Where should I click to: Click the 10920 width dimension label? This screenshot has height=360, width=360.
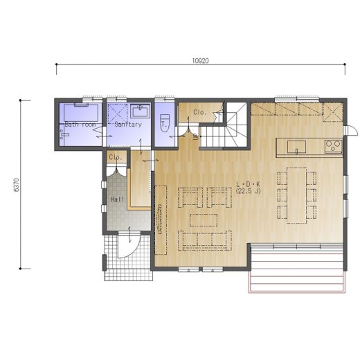[x=201, y=61]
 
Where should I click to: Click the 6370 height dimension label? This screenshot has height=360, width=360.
[x=17, y=185]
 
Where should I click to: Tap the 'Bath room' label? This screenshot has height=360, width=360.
[x=80, y=125]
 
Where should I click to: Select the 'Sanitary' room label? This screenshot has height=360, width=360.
[x=128, y=125]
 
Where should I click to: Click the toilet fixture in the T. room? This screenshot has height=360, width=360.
[x=165, y=123]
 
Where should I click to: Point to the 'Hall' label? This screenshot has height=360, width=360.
[x=118, y=199]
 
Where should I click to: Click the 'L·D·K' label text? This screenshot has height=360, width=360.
[x=249, y=184]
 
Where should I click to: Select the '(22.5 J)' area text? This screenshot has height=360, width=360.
[x=249, y=191]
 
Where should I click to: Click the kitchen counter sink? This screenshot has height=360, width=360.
[x=296, y=147]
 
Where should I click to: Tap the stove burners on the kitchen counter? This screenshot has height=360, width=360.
[x=333, y=146]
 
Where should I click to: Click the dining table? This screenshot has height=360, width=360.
[x=297, y=195]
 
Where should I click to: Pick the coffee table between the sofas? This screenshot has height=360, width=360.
[x=204, y=220]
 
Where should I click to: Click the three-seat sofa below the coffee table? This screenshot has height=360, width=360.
[x=205, y=240]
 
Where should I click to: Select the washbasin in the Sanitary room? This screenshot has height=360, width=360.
[x=140, y=111]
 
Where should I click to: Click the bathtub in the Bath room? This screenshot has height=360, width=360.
[x=81, y=113]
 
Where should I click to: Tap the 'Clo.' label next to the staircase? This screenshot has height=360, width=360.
[x=199, y=112]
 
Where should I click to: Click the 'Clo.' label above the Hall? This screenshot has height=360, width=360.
[x=116, y=157]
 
